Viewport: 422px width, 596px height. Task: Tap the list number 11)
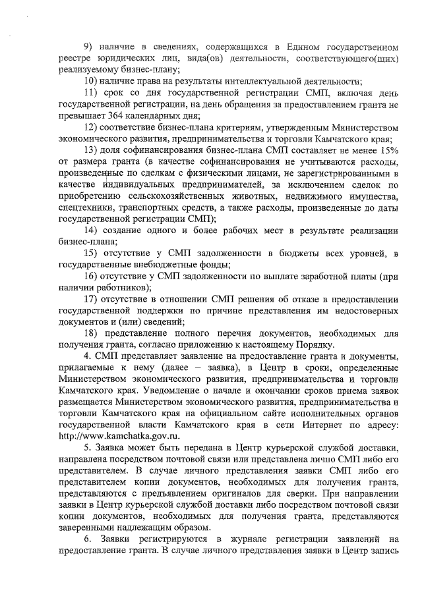click(91, 93)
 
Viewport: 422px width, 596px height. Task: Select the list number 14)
click(91, 230)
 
